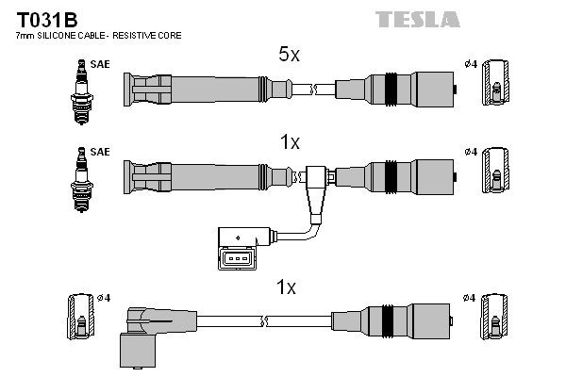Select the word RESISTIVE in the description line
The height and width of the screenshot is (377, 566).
(142, 36)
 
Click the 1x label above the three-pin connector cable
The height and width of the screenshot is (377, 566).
(290, 142)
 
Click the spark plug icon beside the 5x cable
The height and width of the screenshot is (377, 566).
(81, 89)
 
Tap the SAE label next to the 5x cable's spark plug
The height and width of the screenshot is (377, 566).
(99, 63)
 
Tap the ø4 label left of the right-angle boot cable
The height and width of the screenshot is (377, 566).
(104, 298)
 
